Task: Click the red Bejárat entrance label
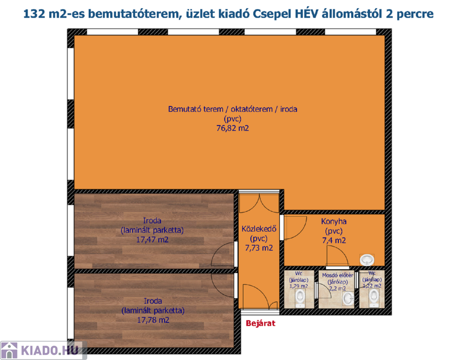[x=260, y=323]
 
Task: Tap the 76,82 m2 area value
[x=233, y=128]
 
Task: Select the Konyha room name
[x=334, y=221]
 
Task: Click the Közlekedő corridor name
[x=259, y=228]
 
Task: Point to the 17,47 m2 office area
[x=152, y=240]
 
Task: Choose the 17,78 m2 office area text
[x=153, y=320]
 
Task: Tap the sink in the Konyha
[x=367, y=260]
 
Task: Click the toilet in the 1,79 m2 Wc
[x=300, y=297]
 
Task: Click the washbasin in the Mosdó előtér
[x=348, y=299]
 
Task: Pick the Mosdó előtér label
[x=337, y=275]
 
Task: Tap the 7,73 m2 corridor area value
[x=259, y=247]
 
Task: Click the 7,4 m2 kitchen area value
[x=334, y=240]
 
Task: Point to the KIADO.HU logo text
[x=50, y=351]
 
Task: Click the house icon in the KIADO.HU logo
[x=9, y=351]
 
